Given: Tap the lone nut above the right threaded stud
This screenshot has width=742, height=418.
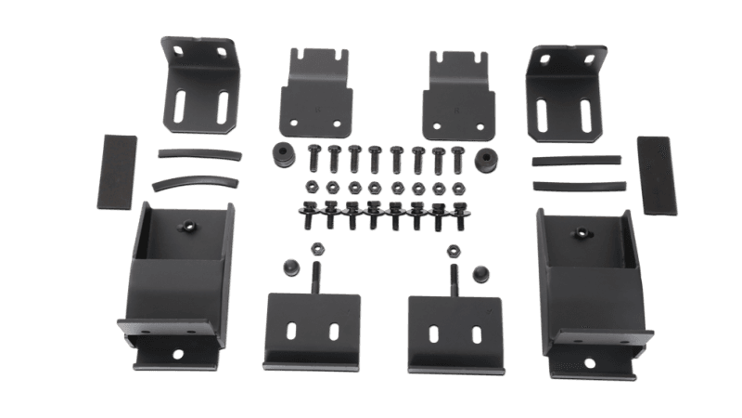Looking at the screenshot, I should pyautogui.click(x=454, y=250).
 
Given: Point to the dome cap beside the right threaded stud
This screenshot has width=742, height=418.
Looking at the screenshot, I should pyautogui.click(x=480, y=272).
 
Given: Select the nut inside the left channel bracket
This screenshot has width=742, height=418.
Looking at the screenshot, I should pyautogui.click(x=187, y=226).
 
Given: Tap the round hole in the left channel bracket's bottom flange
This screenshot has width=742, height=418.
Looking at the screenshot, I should pyautogui.click(x=176, y=354).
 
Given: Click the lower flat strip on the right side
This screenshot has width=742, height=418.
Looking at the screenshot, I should pyautogui.click(x=577, y=184).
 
